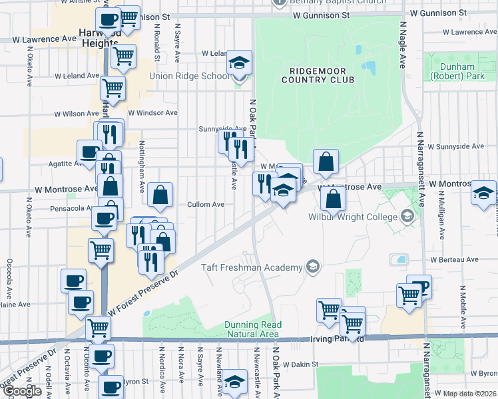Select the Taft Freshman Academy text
coord(252,268)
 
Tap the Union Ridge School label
coord(188,76)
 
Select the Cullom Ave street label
coord(205,205)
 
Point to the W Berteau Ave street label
coord(455,260)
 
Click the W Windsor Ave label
coord(152,113)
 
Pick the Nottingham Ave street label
coord(142,162)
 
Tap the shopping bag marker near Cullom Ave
coord(160,196)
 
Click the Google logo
coord(22,391)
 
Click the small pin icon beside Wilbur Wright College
coord(407,217)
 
